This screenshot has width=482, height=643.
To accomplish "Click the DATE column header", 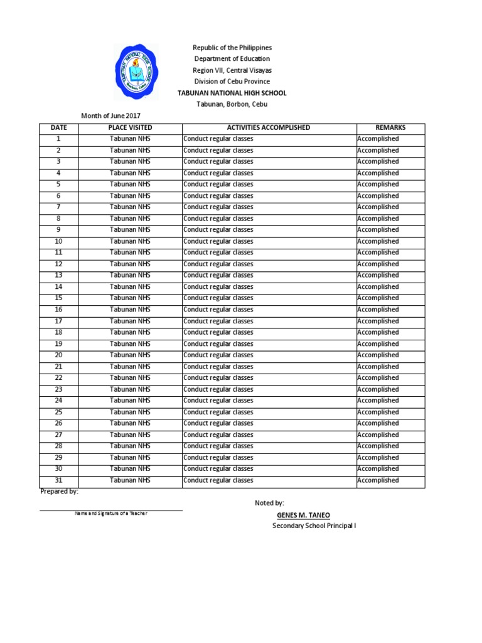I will (x=58, y=127).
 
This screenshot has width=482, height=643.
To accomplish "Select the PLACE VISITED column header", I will (x=130, y=127).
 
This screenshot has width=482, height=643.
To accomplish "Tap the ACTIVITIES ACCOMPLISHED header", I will (x=269, y=127).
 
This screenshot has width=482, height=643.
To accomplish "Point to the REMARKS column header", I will (x=390, y=127).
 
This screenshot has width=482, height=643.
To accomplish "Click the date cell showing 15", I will (x=58, y=298).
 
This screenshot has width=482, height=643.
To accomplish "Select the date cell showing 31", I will (x=58, y=480).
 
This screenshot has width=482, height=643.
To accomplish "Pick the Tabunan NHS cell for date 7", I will (x=130, y=207).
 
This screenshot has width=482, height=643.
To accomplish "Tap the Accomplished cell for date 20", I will (x=378, y=355).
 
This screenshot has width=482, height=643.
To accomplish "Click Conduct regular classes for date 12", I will (x=218, y=264).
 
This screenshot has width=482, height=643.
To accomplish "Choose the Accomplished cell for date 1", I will (x=378, y=139).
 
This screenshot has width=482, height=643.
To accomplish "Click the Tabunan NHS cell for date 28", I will (x=130, y=446).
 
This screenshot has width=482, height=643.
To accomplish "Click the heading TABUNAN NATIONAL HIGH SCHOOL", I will (x=232, y=93).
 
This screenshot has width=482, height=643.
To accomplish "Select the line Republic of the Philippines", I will (x=232, y=48).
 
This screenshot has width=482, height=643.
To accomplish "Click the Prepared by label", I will (x=59, y=492).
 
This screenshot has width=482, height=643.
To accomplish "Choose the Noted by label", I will (x=269, y=503).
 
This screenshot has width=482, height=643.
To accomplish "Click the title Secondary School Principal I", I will (x=314, y=526).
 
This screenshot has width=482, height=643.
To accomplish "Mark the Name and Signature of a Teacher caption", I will (x=111, y=514).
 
